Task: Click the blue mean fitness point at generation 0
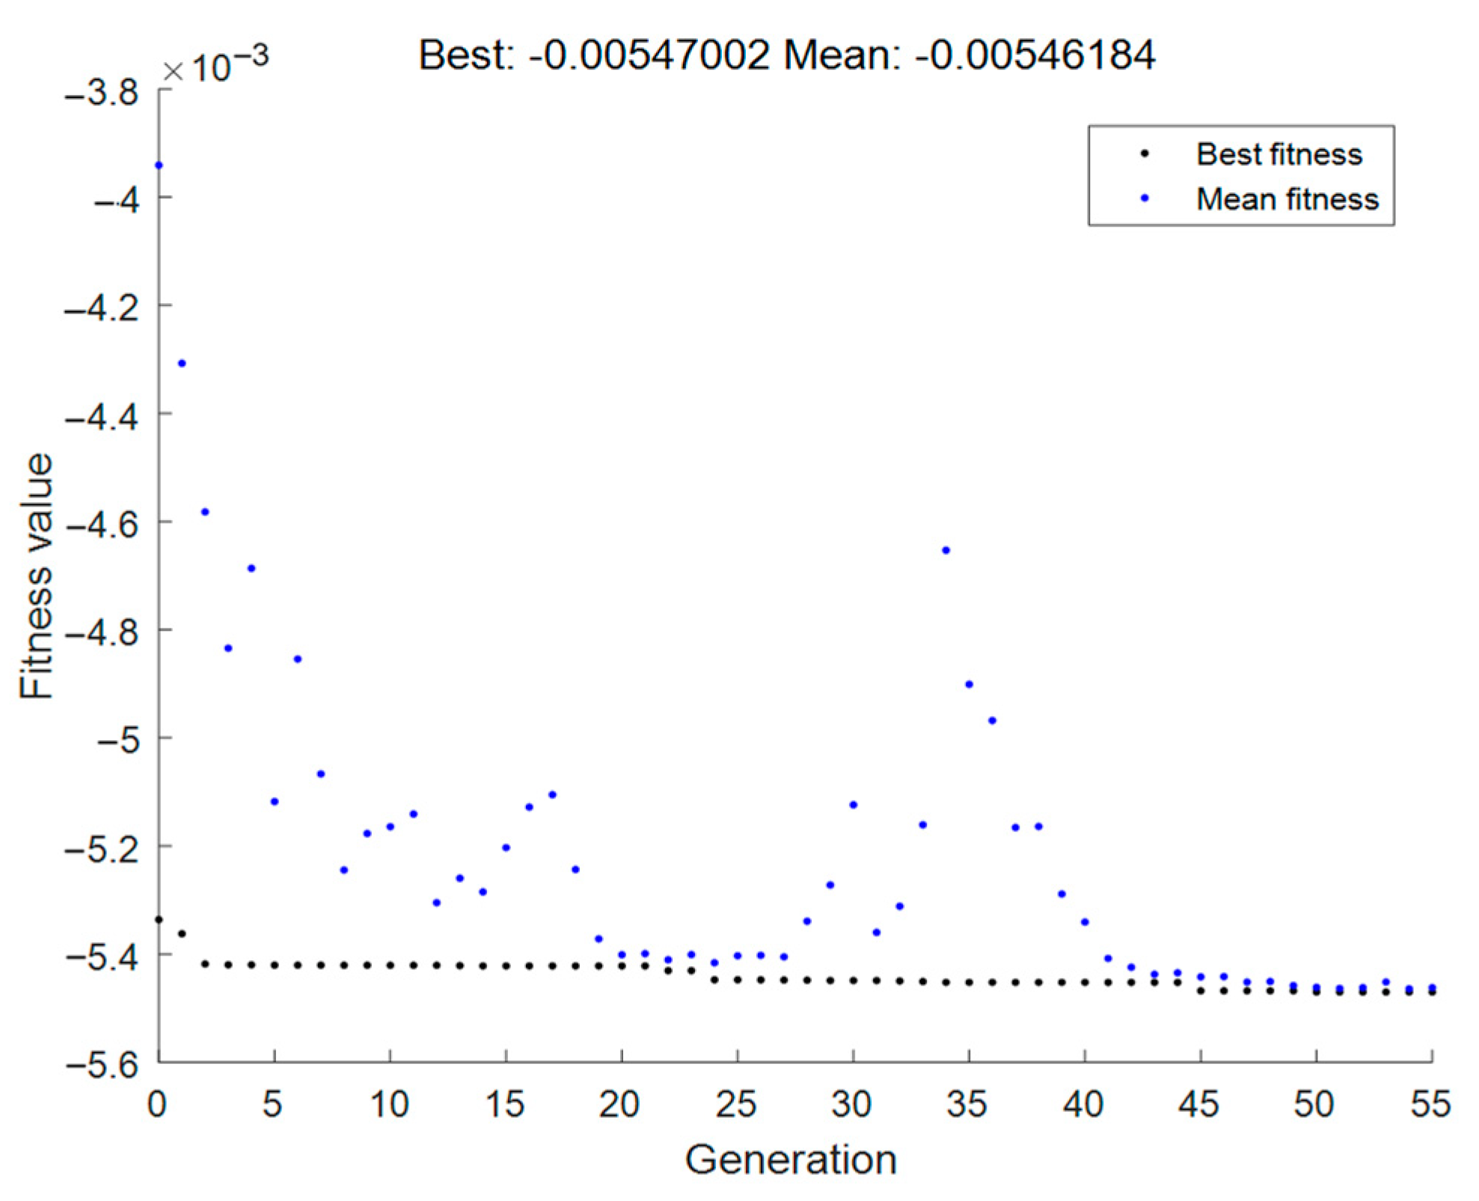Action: pos(159,165)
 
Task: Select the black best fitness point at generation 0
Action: pos(159,920)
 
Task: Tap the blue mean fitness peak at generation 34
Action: pos(946,550)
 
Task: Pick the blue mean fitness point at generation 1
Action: pos(182,364)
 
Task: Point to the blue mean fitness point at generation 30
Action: pos(854,805)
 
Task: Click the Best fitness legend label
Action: pos(1279,154)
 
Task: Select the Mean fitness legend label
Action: pos(1287,199)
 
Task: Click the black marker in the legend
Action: pos(1144,154)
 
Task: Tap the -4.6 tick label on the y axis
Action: pos(102,524)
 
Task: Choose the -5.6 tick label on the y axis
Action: pos(102,1064)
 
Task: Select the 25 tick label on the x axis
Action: pos(736,1104)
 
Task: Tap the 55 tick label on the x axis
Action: pos(1430,1104)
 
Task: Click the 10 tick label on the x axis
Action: pos(389,1104)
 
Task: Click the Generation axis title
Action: pos(790,1160)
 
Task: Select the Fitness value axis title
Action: pos(36,576)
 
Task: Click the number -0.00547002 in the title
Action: pos(649,55)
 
